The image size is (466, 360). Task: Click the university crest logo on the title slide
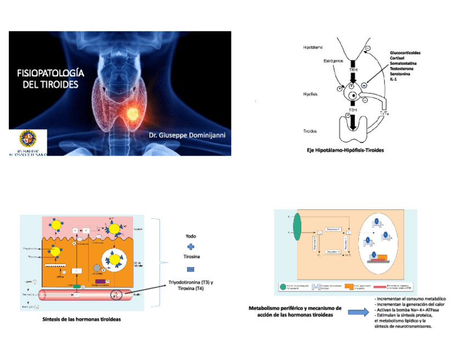coord(28,139)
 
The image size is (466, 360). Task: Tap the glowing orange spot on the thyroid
coord(132,114)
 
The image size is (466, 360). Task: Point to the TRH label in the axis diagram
coord(353,70)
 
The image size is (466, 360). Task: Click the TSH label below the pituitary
coord(353,109)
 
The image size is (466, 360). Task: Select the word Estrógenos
coord(333,59)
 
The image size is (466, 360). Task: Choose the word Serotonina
coord(401,73)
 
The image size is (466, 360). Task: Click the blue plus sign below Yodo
coord(191,247)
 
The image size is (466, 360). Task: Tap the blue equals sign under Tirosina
coord(191,269)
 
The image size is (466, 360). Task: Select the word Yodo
coord(191,236)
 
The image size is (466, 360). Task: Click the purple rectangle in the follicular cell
coord(101,282)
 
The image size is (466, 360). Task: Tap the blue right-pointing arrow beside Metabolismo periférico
coord(357,312)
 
